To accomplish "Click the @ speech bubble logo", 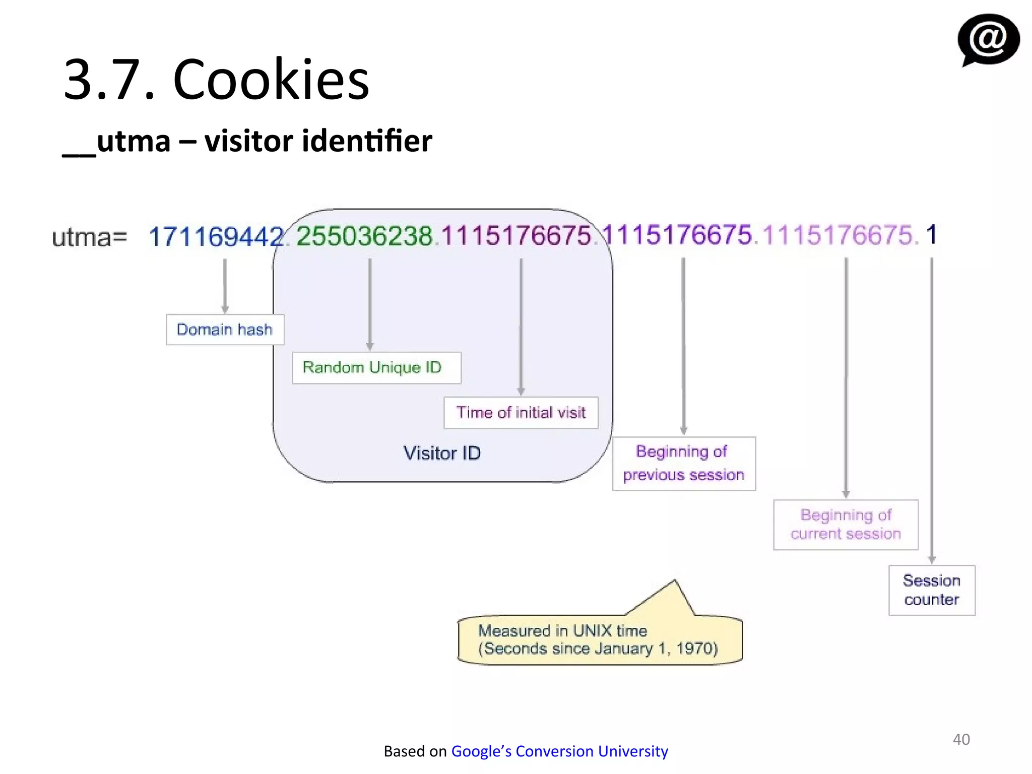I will click(x=988, y=40).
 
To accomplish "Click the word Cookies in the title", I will click(x=271, y=80).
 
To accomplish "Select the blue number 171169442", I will click(x=216, y=236).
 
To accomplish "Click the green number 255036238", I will click(x=364, y=236).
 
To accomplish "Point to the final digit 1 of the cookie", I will click(x=931, y=235).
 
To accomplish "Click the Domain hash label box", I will click(x=225, y=330).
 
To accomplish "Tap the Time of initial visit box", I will click(x=521, y=413).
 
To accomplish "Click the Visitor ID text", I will click(x=442, y=453).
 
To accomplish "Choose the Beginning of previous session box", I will click(x=683, y=463).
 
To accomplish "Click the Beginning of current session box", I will click(x=846, y=525).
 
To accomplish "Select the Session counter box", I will click(x=931, y=590).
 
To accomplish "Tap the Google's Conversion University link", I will click(x=559, y=751).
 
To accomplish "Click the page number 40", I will click(x=961, y=739).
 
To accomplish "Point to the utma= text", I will click(x=89, y=237).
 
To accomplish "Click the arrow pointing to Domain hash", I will click(x=225, y=285).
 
